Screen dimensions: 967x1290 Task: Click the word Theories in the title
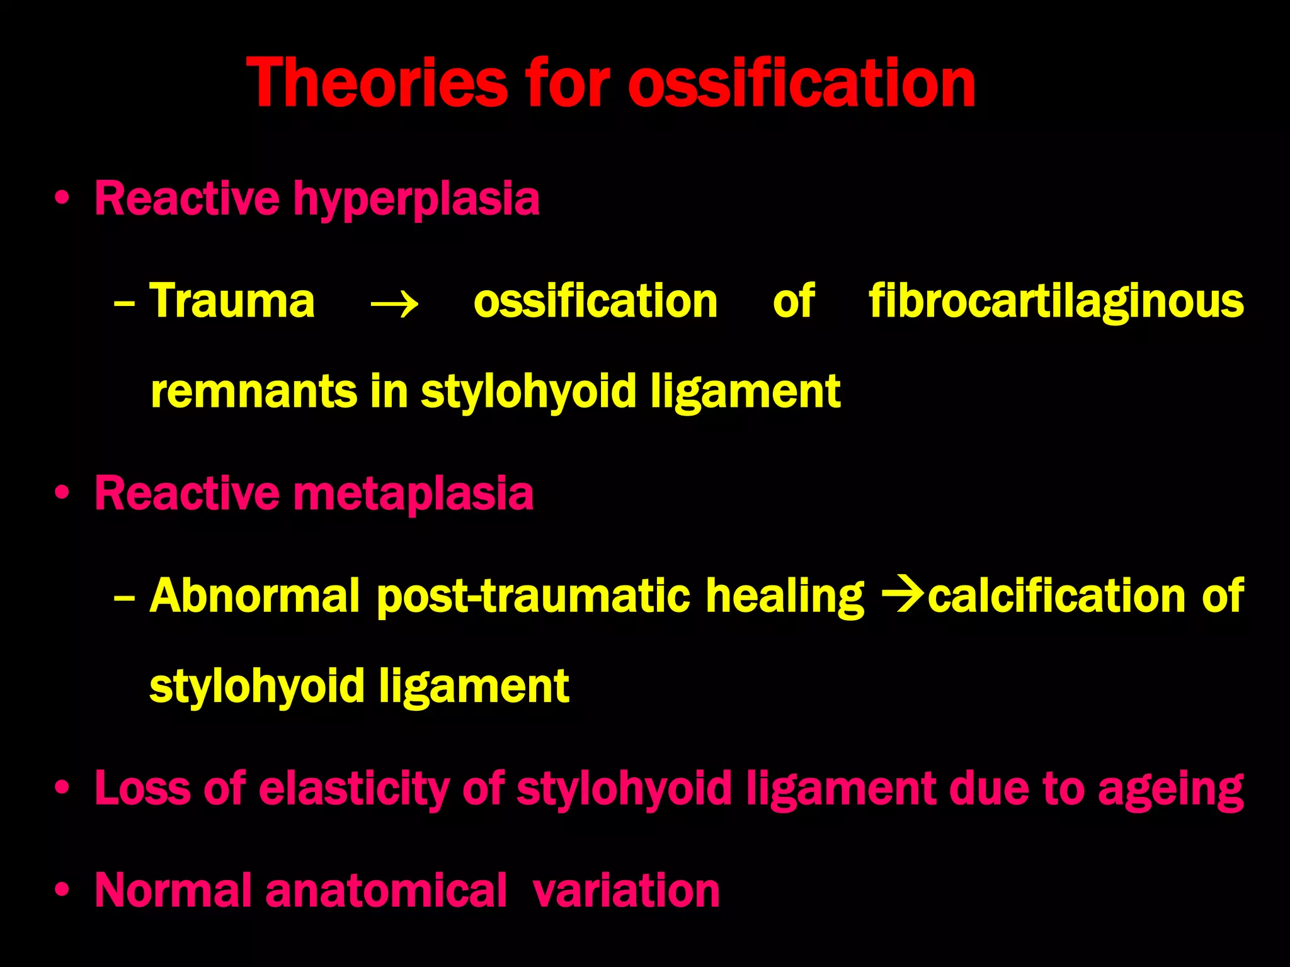pyautogui.click(x=377, y=83)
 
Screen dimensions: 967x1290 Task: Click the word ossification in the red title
pyautogui.click(x=801, y=83)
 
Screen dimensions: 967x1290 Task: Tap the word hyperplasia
pyautogui.click(x=416, y=200)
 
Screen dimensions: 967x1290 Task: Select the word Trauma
pyautogui.click(x=232, y=301)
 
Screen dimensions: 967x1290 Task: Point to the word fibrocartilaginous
pyautogui.click(x=1056, y=302)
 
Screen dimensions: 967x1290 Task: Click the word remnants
pyautogui.click(x=253, y=392)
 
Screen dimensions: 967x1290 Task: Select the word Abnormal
pyautogui.click(x=254, y=596)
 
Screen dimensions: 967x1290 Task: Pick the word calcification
pyautogui.click(x=1056, y=596)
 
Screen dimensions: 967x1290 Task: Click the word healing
pyautogui.click(x=784, y=597)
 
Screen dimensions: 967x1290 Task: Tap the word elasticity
pyautogui.click(x=353, y=788)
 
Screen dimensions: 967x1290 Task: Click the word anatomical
pyautogui.click(x=385, y=891)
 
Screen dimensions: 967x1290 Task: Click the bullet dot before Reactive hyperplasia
pyautogui.click(x=61, y=200)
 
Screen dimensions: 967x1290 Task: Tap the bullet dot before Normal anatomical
pyautogui.click(x=61, y=891)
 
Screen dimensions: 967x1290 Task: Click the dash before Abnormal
pyautogui.click(x=124, y=597)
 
